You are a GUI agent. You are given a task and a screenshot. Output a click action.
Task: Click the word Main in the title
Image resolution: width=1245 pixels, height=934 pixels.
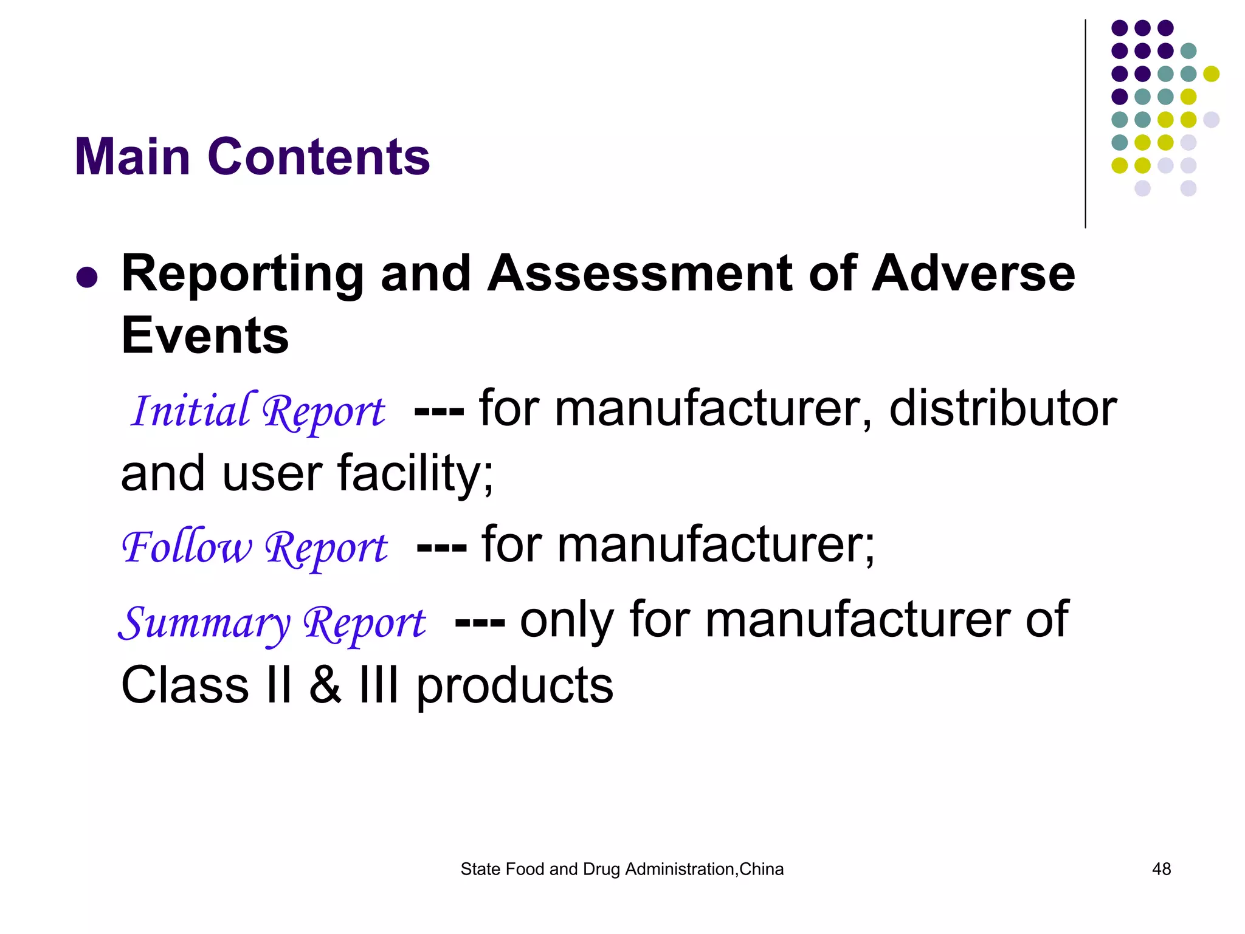tap(133, 157)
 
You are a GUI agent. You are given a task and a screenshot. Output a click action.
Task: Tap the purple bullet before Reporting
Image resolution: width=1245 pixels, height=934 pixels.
tap(87, 277)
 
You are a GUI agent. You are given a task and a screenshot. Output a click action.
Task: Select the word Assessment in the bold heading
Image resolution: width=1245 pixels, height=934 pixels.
tap(640, 273)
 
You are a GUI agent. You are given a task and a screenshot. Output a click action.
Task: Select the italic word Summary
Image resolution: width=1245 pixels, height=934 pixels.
tap(204, 622)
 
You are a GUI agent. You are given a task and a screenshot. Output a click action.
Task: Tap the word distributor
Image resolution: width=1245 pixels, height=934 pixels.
tap(1002, 408)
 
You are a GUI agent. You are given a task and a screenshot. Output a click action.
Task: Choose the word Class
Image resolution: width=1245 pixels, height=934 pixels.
tap(185, 685)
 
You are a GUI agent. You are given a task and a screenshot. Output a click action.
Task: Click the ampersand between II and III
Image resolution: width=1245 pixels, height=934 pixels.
tap(325, 685)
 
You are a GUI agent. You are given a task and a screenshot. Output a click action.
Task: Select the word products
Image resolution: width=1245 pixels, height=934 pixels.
tap(514, 687)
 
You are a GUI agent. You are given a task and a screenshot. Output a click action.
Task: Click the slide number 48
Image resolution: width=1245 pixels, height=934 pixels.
tap(1161, 869)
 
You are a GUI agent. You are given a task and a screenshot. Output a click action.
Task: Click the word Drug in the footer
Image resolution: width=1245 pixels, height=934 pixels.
tap(601, 869)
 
